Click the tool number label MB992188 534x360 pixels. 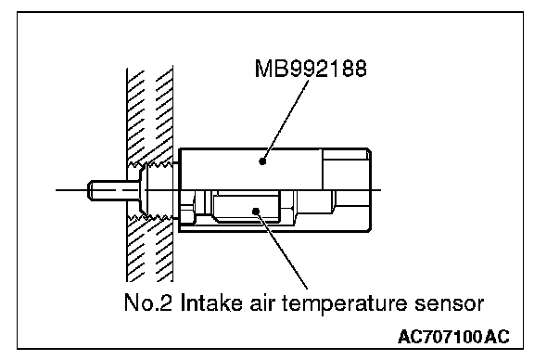311,69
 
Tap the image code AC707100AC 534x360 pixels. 453,337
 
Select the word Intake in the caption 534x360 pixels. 211,302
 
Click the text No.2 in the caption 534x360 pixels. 147,302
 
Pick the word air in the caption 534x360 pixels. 261,302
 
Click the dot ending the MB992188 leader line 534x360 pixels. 262,161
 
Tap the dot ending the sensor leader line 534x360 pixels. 256,212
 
